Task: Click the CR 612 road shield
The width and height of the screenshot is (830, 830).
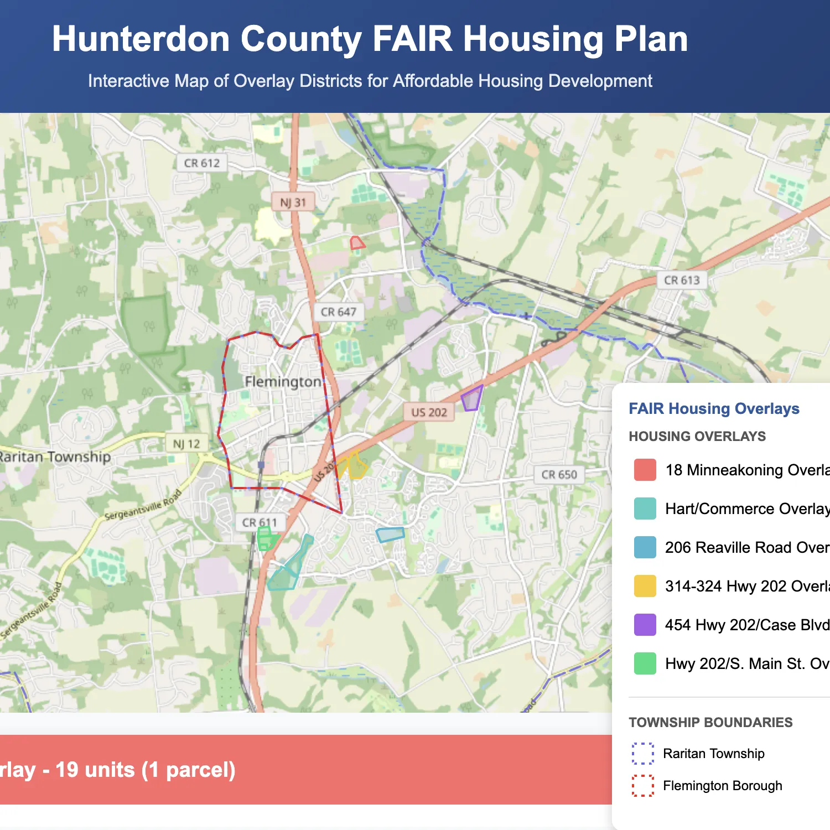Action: point(202,163)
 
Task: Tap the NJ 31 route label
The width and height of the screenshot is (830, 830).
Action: point(293,203)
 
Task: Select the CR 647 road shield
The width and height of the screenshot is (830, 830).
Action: point(339,312)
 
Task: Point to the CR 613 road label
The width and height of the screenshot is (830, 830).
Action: point(682,281)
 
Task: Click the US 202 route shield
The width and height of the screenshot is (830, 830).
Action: point(429,412)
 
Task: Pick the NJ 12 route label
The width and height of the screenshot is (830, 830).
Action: point(186,444)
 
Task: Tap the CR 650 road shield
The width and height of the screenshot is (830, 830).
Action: point(559,475)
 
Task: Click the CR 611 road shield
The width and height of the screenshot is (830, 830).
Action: point(260,522)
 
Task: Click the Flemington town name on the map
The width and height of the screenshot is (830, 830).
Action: point(283,382)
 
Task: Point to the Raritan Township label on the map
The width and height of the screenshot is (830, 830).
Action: point(55,457)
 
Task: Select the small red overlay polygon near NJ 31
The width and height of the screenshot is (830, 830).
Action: point(357,243)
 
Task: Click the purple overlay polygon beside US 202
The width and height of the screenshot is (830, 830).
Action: point(471,398)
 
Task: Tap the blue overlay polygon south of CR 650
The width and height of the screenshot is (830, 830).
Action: point(390,535)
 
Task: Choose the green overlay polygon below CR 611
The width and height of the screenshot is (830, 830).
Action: point(266,538)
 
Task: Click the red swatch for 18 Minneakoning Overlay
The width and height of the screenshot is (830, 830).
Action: point(645,470)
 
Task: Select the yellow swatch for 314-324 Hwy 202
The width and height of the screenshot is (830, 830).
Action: point(645,586)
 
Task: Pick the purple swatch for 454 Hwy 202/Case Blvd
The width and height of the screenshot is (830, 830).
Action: point(645,625)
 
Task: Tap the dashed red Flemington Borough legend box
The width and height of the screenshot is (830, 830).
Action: point(643,785)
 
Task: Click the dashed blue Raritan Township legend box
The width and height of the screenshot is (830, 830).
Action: point(643,753)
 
